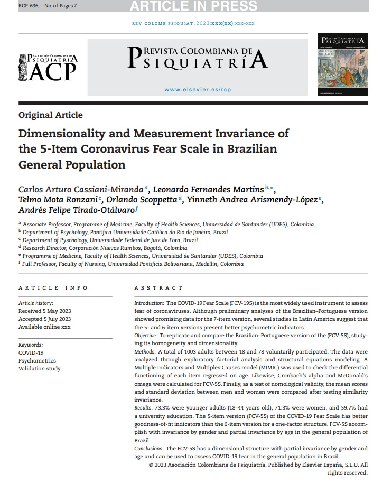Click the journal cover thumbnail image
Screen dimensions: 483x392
click(342, 65)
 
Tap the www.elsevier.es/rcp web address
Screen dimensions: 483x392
click(198, 90)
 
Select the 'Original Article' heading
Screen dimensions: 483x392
click(51, 115)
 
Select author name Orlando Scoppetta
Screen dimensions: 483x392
click(141, 200)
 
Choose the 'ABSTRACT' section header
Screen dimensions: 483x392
click(158, 288)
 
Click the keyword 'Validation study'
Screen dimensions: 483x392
click(40, 368)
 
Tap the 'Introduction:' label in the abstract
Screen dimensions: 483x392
click(149, 303)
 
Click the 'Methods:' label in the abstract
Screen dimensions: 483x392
click(145, 351)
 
